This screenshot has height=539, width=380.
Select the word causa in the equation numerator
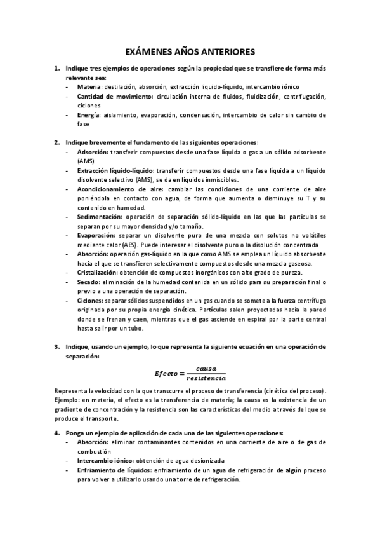pyautogui.click(x=207, y=367)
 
